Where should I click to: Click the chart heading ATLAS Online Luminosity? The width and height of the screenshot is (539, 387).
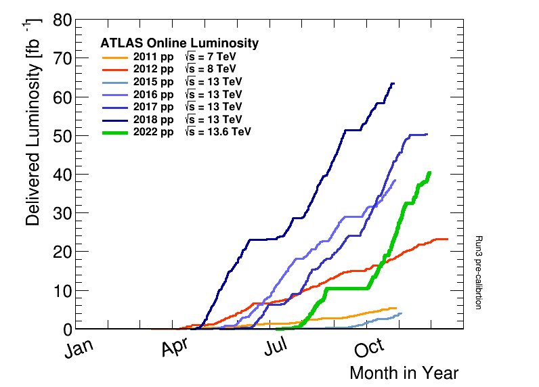179,43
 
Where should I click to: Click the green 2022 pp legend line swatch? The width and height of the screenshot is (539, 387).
114,131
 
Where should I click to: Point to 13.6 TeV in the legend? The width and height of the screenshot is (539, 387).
217,131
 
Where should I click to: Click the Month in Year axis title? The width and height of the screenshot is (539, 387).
404,373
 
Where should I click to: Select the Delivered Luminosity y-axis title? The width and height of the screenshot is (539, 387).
34,122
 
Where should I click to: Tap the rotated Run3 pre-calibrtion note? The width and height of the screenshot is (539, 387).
477,272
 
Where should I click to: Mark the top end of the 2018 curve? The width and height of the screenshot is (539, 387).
393,83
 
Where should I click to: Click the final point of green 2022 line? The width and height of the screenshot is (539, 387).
429,173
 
